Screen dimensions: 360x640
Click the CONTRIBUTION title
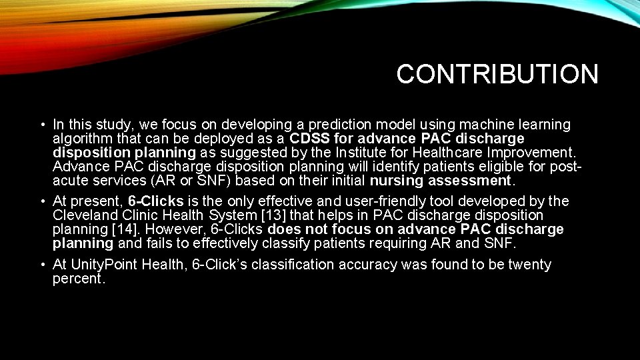(x=497, y=74)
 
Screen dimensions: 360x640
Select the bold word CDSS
(x=311, y=139)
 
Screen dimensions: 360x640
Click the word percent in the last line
(x=77, y=279)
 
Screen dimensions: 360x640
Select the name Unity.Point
(x=109, y=265)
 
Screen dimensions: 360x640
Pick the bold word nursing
(x=396, y=181)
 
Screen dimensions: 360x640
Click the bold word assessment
(x=470, y=181)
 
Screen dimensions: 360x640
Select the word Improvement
(x=534, y=153)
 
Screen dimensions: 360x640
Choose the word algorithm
(x=83, y=139)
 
